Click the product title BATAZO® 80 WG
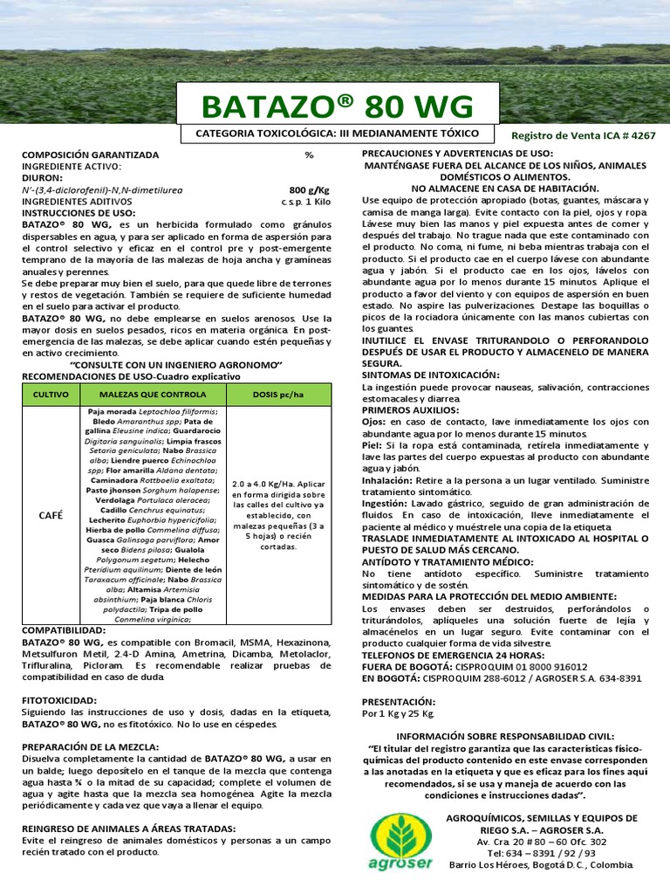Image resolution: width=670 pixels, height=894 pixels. (x=338, y=107)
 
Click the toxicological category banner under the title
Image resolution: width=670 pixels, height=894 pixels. (x=338, y=134)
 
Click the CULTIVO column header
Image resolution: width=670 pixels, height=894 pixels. (x=51, y=395)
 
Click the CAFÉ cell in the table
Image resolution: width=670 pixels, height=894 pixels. (x=51, y=515)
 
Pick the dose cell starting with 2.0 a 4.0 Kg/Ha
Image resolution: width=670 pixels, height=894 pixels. (x=278, y=515)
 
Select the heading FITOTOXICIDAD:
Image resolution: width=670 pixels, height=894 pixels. (x=59, y=701)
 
